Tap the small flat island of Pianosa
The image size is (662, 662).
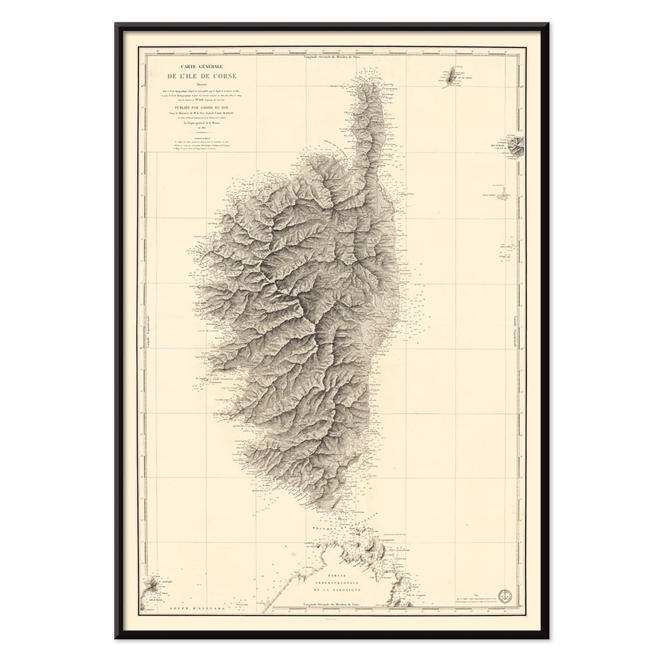[502, 195]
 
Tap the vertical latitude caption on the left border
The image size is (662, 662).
[148, 330]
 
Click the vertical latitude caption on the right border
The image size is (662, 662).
[515, 330]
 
